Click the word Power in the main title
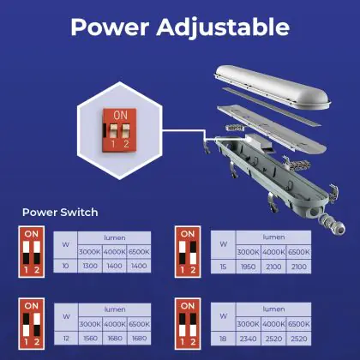tap(110, 27)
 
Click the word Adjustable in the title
tap(223, 28)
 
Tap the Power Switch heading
tap(60, 213)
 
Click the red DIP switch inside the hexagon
tap(119, 130)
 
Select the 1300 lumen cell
tap(90, 266)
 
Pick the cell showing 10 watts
tap(65, 266)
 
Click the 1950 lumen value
tap(248, 267)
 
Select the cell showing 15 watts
tap(223, 267)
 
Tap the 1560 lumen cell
tap(90, 339)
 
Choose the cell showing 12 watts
tap(66, 339)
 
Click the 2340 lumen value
tap(248, 339)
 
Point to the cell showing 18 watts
tap(223, 339)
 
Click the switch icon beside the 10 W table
tap(32, 252)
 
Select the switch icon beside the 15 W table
tap(188, 252)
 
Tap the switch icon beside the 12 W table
tap(32, 324)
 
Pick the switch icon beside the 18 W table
tap(188, 324)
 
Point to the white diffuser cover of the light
tap(273, 87)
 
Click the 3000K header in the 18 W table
tap(248, 324)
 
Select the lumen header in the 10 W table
tap(114, 237)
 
